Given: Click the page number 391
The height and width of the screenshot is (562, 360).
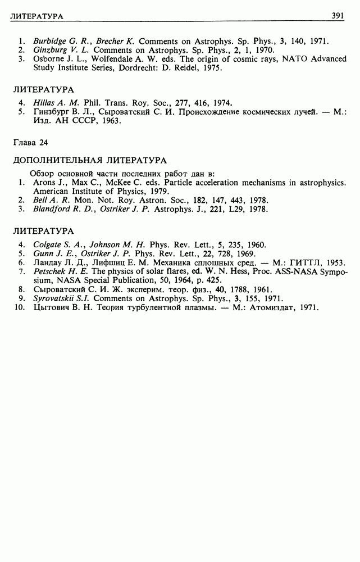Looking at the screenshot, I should pos(339,16).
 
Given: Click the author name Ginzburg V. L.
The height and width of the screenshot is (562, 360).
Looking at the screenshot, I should pos(57,50).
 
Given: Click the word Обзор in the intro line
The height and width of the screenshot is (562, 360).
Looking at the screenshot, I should pos(41,173).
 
